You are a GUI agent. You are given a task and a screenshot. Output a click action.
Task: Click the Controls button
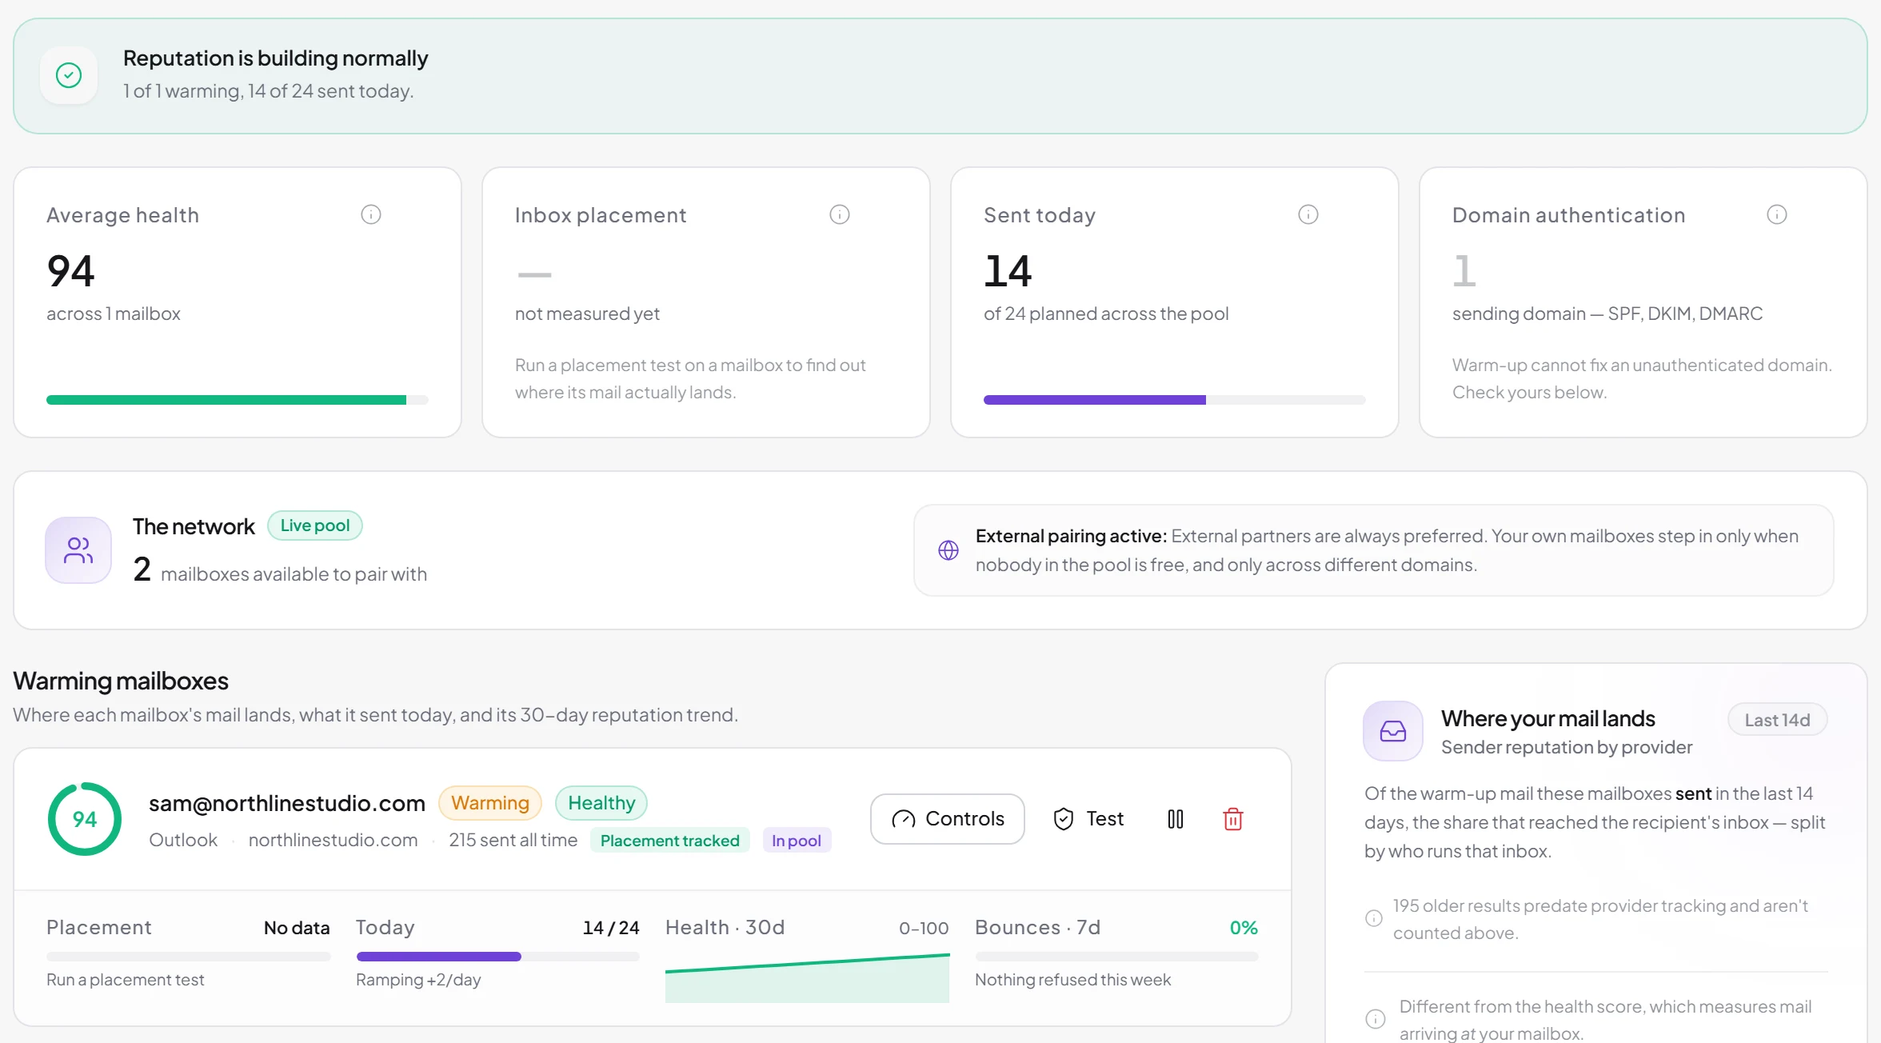(947, 818)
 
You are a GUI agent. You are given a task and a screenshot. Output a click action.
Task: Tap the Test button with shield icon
(1088, 818)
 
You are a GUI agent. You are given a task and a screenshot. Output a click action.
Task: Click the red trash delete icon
(1232, 819)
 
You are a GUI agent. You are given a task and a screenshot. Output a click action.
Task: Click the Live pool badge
(314, 525)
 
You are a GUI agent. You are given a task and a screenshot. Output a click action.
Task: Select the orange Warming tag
(489, 802)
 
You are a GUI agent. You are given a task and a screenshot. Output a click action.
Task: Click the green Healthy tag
(601, 802)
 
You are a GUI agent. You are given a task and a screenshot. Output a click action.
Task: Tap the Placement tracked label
(669, 840)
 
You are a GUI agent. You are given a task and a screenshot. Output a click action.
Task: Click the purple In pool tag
(797, 840)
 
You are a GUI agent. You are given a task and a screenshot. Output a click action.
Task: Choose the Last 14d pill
(1777, 720)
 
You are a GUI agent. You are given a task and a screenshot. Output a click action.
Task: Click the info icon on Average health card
(371, 214)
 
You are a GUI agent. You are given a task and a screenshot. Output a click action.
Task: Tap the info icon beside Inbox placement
(840, 214)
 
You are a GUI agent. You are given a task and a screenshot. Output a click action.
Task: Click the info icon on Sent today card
(1308, 214)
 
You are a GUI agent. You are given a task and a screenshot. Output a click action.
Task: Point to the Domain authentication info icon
(1777, 214)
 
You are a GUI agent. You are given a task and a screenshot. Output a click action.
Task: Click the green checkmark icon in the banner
(69, 75)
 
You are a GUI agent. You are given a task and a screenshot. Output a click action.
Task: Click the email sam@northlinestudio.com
(287, 803)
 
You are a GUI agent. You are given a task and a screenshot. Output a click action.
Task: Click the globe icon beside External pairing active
(948, 550)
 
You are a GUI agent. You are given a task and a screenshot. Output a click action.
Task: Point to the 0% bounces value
(1244, 928)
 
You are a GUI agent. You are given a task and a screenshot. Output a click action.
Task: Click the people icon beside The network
(78, 550)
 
